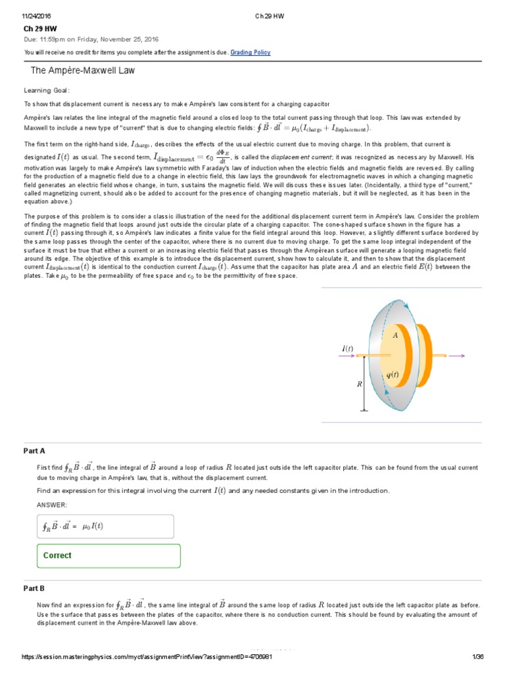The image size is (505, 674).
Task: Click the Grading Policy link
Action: tap(250, 53)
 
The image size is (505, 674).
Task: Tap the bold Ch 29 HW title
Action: tap(39, 30)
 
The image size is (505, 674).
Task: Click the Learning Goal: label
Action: tap(47, 91)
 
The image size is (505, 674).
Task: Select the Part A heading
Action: tap(34, 451)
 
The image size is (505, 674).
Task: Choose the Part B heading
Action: tap(34, 588)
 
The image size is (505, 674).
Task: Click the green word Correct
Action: tap(57, 556)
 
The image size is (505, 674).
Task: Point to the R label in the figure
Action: tap(360, 384)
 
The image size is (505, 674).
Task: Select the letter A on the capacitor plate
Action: tap(395, 335)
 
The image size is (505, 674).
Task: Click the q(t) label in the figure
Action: tap(393, 375)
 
